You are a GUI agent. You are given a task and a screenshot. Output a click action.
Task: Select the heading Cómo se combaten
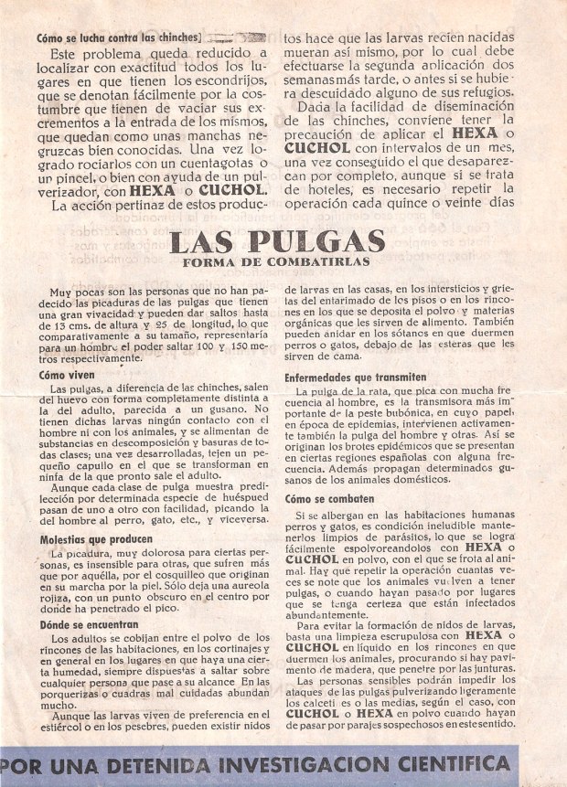coord(329,499)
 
